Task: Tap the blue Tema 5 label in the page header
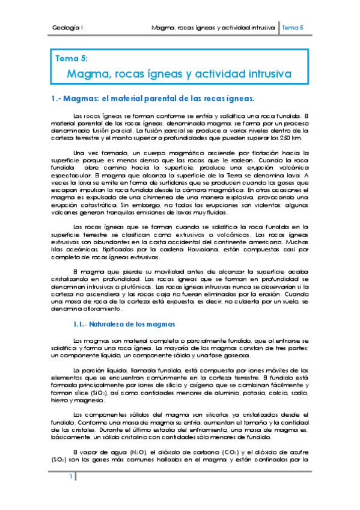pos(293,28)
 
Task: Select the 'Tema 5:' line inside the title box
pos(72,59)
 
